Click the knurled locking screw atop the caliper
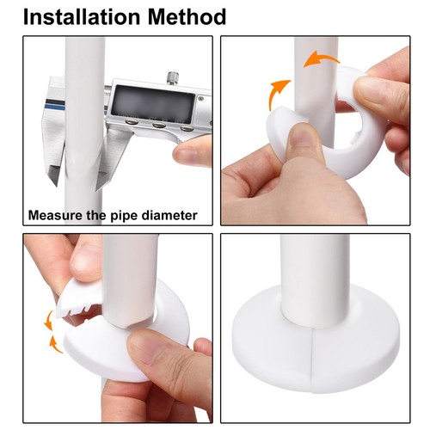173,78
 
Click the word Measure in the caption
53,215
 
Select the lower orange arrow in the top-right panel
279,89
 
